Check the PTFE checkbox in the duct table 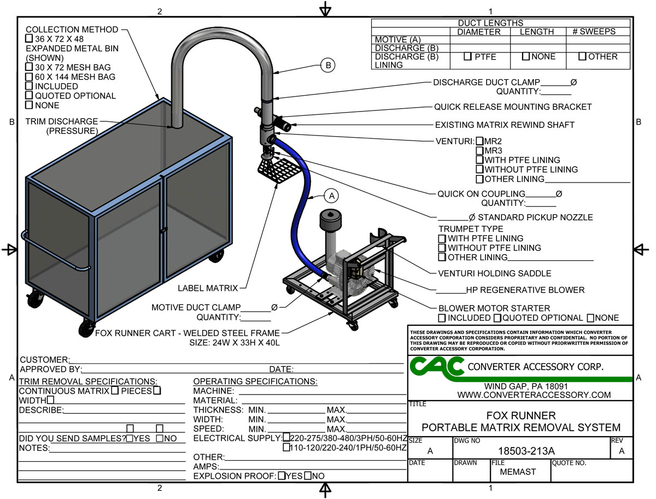click(x=467, y=57)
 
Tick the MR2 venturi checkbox click(x=480, y=141)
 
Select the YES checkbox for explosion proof click(x=282, y=476)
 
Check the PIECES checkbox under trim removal click(x=157, y=391)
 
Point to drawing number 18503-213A click(x=527, y=451)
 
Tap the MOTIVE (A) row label click(x=399, y=40)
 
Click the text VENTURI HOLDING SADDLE click(x=495, y=273)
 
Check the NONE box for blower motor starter click(x=591, y=318)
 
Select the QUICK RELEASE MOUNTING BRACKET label click(x=513, y=107)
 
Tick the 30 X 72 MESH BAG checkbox click(x=29, y=67)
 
